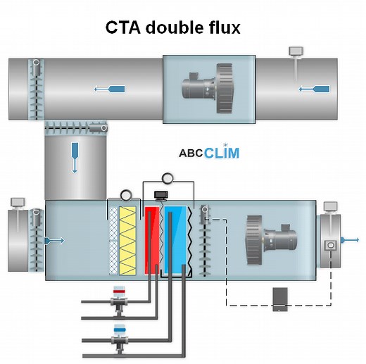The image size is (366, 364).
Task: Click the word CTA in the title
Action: point(124,27)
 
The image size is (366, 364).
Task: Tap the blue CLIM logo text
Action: point(222,153)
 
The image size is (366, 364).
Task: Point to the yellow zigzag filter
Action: point(130,239)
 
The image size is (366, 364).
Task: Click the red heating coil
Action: point(151,239)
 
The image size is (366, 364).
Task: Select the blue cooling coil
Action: point(176,239)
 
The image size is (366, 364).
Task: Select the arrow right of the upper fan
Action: point(314,89)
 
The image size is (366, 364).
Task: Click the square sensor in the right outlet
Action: point(329,246)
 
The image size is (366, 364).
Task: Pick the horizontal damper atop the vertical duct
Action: point(75,128)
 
